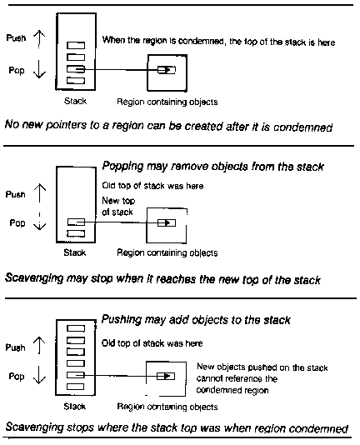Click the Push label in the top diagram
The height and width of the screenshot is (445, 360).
pos(16,38)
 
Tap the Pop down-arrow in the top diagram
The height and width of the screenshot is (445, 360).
pos(39,70)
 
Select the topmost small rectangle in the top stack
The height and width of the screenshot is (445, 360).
pos(76,45)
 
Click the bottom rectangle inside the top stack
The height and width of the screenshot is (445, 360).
pos(76,81)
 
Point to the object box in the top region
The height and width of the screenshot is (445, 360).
pos(167,69)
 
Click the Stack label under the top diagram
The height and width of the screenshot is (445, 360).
pos(75,101)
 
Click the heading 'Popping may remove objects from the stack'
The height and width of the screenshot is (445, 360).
pos(213,167)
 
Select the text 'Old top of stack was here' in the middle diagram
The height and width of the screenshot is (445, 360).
pos(152,186)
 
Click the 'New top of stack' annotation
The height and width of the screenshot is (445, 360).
pos(118,207)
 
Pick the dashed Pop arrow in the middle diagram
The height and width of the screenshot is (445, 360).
pos(39,221)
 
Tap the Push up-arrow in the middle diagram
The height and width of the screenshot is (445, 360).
pos(40,193)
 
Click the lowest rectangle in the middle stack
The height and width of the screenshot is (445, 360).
pos(76,233)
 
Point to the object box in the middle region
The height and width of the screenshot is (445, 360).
pos(167,223)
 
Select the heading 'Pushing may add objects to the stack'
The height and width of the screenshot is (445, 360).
pos(196,320)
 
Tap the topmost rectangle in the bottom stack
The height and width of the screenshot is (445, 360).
pos(76,328)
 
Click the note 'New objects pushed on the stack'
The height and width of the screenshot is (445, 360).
pos(262,367)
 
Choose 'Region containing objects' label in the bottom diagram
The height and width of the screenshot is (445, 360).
pos(167,407)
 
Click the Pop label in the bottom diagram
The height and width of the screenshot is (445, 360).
pos(17,377)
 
